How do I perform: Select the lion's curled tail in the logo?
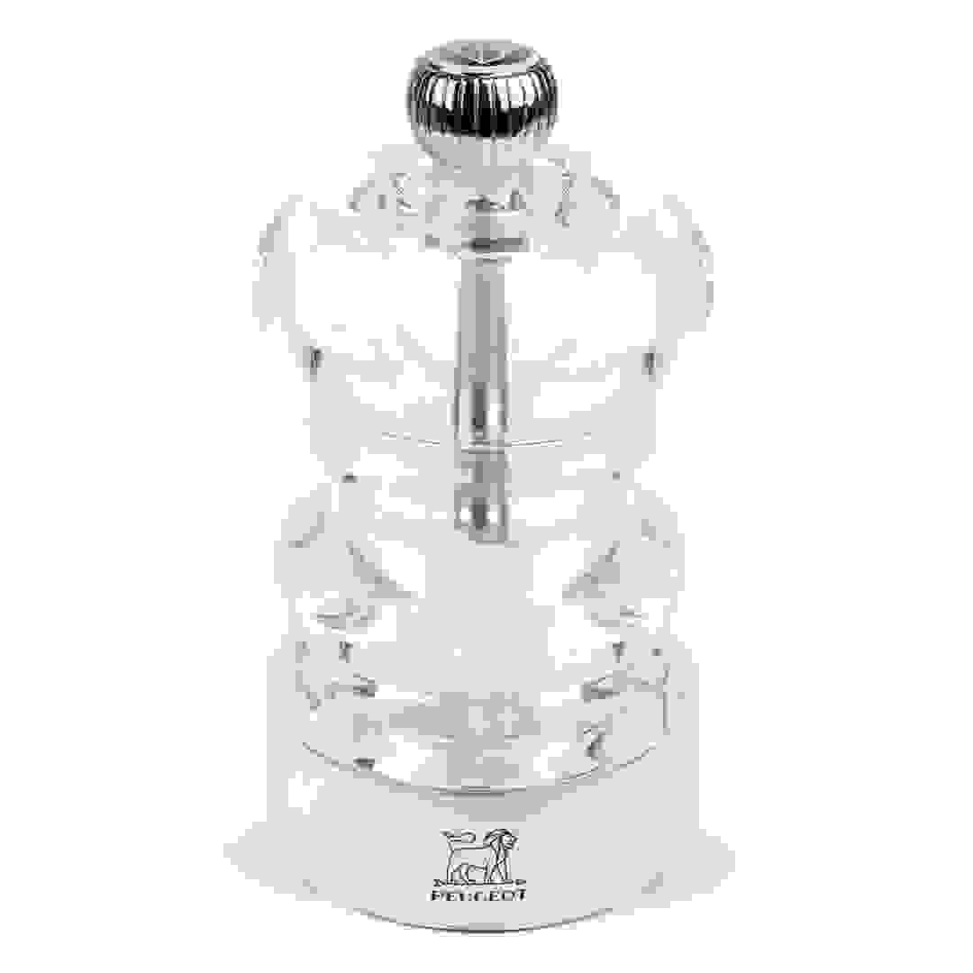click(x=450, y=839)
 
